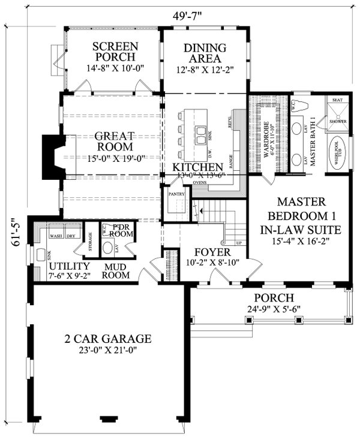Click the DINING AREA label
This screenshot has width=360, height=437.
tap(205, 53)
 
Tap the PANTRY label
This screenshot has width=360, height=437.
tap(176, 194)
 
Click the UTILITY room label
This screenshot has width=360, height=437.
tap(70, 266)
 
